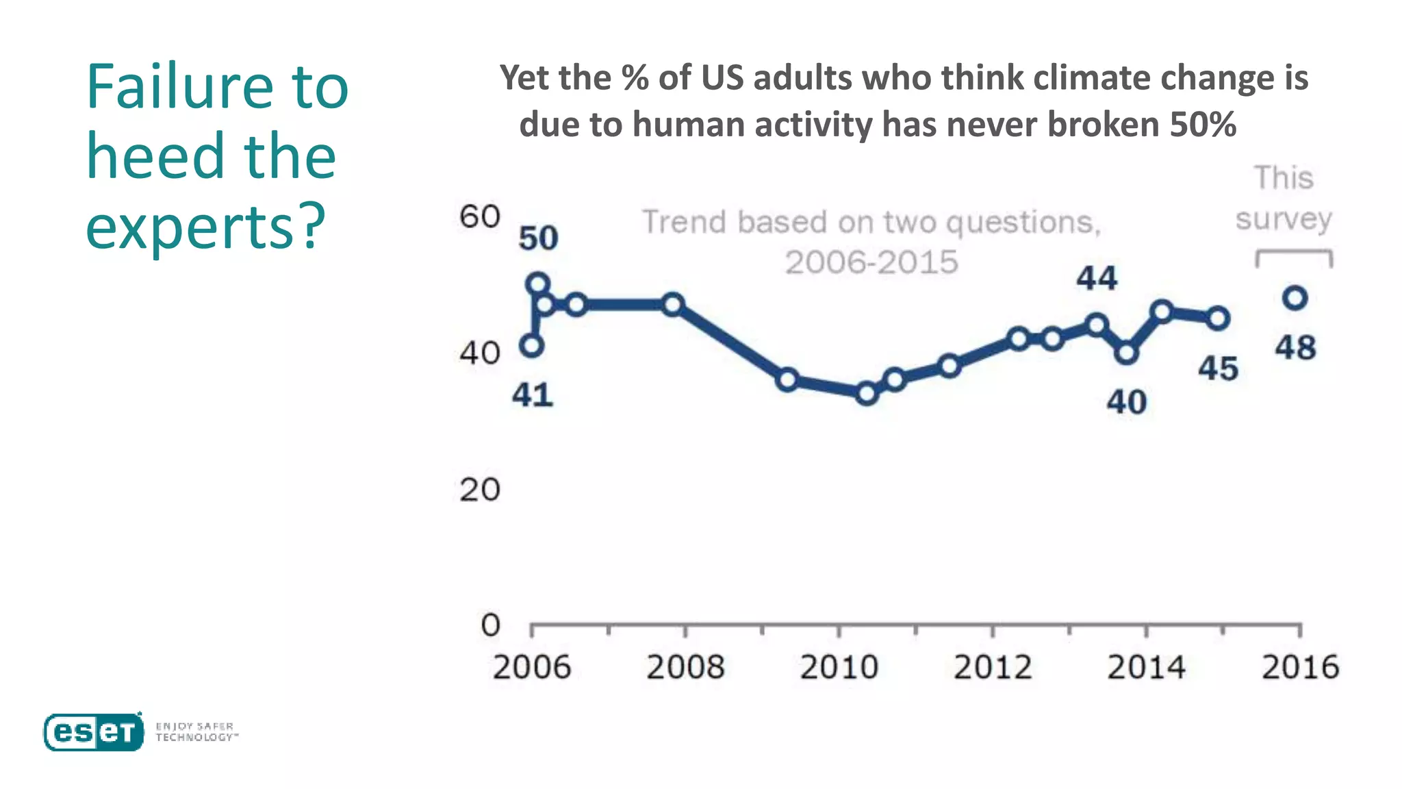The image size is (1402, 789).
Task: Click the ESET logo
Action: click(94, 732)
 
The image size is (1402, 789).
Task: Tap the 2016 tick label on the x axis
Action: click(1300, 667)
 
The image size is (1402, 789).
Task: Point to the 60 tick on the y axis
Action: click(479, 217)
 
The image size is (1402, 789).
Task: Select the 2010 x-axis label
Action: click(839, 667)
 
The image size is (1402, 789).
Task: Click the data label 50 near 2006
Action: click(538, 238)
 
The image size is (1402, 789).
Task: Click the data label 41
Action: click(533, 395)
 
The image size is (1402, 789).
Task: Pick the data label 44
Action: click(1097, 279)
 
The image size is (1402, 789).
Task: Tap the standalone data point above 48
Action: click(1295, 298)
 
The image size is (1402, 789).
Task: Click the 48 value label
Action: click(1295, 348)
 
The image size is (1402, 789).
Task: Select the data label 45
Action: click(1218, 368)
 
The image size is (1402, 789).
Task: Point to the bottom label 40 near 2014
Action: click(1126, 402)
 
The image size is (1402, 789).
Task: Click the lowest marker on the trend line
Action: click(867, 393)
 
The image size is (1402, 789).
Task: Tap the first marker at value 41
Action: click(532, 346)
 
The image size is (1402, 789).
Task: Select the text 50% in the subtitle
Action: click(1203, 125)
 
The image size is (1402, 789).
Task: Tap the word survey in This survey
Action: click(1284, 219)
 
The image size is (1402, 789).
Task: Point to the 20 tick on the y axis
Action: click(479, 490)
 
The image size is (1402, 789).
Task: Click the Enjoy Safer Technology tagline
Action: click(196, 731)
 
